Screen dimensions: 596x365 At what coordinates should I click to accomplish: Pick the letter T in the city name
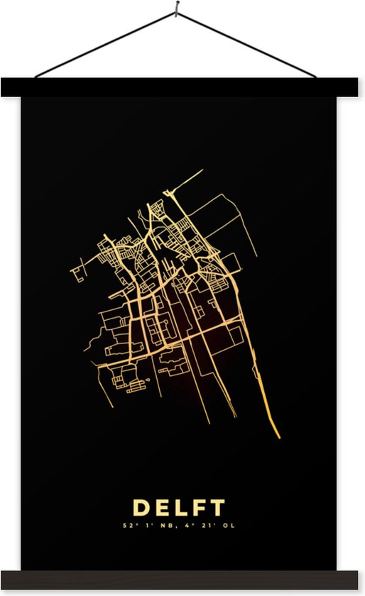coord(217,507)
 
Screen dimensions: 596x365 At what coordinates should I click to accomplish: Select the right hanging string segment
coord(246,44)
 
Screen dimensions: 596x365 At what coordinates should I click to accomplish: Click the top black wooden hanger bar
coord(182,87)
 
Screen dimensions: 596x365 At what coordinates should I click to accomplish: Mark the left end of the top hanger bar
coord(6,87)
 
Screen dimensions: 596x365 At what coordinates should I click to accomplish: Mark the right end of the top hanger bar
coord(359,87)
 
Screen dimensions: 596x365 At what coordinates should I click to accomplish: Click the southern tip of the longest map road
coord(279,437)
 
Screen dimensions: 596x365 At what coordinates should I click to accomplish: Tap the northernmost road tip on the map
coord(202,170)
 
